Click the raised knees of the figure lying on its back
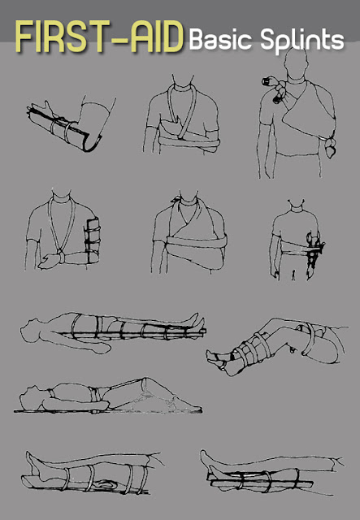coord(146,383)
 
